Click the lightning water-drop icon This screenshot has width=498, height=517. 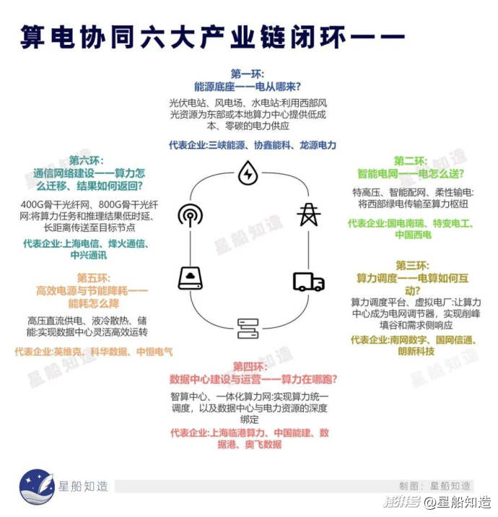248,173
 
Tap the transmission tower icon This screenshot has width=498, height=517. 308,214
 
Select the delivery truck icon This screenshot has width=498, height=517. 308,282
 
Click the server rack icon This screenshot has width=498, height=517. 248,329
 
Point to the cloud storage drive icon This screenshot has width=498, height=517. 190,278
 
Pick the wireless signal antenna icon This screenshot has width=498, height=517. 190,215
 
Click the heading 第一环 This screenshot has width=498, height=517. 247,74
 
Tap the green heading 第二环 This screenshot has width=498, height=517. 411,161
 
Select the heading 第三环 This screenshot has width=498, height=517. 412,266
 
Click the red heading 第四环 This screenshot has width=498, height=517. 250,366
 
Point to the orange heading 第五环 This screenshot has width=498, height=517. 93,278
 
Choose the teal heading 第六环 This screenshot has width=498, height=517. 86,160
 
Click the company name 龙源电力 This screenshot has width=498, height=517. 318,145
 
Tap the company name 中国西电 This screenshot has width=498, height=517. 413,235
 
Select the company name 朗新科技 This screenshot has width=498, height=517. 416,352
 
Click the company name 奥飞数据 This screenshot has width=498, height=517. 263,445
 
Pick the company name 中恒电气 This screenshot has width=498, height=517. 154,352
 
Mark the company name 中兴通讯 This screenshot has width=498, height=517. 89,255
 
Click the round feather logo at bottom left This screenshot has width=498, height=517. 37,487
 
